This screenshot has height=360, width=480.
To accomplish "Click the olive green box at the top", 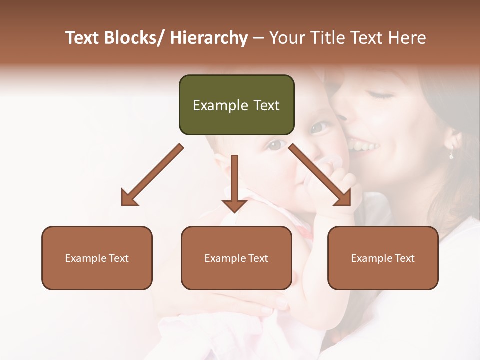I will pyautogui.click(x=236, y=105).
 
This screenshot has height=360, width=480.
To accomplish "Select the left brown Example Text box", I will pyautogui.click(x=97, y=258).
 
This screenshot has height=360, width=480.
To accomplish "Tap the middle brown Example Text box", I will pyautogui.click(x=236, y=258).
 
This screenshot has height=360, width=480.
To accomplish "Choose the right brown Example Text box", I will pyautogui.click(x=383, y=258).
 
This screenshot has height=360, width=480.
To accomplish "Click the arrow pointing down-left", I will pyautogui.click(x=150, y=176).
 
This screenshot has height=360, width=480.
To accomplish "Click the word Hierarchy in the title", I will pyautogui.click(x=209, y=38).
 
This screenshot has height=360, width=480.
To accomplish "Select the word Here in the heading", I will pyautogui.click(x=408, y=38).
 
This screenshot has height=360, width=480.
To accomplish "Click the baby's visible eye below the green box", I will pyautogui.click(x=275, y=145).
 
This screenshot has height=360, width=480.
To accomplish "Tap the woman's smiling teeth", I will pyautogui.click(x=363, y=146).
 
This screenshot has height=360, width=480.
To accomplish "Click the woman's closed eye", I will pyautogui.click(x=381, y=94).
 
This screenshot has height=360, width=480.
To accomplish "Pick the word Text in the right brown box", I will pyautogui.click(x=405, y=258).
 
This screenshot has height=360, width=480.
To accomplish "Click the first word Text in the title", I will pyautogui.click(x=82, y=38).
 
